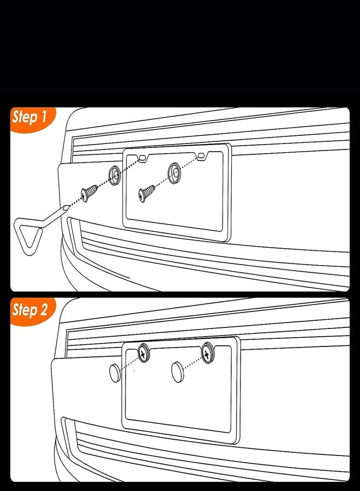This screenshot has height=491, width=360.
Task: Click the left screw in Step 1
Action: [x=89, y=193]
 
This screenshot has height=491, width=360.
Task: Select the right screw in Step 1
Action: [x=147, y=194]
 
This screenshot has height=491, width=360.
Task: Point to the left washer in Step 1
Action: [x=115, y=175]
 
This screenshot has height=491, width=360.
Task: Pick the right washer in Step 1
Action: [x=174, y=173]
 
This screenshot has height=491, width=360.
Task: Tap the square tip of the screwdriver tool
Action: [x=67, y=207]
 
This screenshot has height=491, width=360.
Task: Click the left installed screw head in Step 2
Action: [x=143, y=353]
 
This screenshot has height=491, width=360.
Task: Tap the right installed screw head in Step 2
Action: [x=207, y=353]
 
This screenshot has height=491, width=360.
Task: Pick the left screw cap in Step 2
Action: [x=115, y=373]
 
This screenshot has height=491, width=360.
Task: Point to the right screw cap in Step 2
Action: [x=178, y=372]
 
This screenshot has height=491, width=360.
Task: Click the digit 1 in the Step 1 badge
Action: [x=43, y=117]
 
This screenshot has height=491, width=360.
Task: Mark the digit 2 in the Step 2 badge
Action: [x=44, y=309]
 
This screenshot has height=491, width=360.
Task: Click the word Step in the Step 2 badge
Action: [x=25, y=310]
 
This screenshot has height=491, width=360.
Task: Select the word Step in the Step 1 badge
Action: [x=25, y=118]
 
